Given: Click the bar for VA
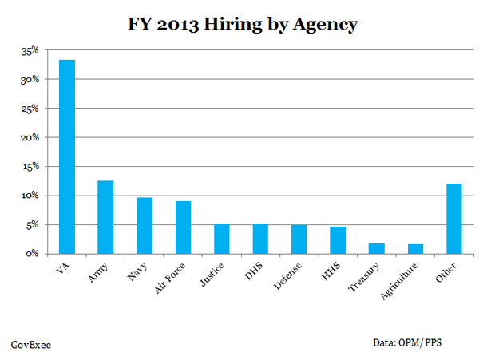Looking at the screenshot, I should pyautogui.click(x=66, y=156).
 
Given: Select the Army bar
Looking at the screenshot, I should pyautogui.click(x=105, y=217).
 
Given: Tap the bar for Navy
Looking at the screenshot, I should pyautogui.click(x=145, y=225).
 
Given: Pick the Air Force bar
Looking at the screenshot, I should pyautogui.click(x=183, y=227).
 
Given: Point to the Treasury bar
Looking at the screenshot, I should pyautogui.click(x=377, y=248).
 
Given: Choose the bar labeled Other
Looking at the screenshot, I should pyautogui.click(x=454, y=219).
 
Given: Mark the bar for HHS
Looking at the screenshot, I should pyautogui.click(x=338, y=239).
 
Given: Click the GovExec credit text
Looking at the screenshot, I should pyautogui.click(x=31, y=345).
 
